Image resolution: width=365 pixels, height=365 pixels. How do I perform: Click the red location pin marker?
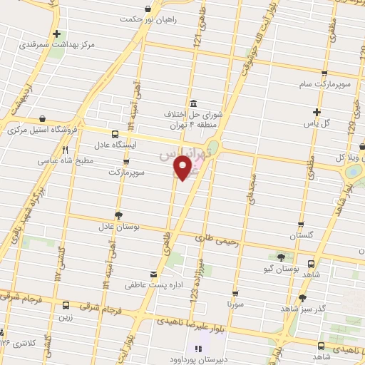coord(184,168)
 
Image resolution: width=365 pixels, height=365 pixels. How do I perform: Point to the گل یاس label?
coord(317,123)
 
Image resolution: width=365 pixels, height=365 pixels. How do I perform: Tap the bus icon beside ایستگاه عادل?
coord(115,133)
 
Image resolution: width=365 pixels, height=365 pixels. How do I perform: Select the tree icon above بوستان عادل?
coord(118,215)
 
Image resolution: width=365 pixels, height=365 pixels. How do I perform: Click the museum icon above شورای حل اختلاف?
coord(192,102)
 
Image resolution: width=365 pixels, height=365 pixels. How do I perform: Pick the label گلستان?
coord(301,235)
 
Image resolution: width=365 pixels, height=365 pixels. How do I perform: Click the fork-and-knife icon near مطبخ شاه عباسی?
coord(66,150)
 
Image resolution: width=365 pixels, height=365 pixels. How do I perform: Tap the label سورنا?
coord(235,303)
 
